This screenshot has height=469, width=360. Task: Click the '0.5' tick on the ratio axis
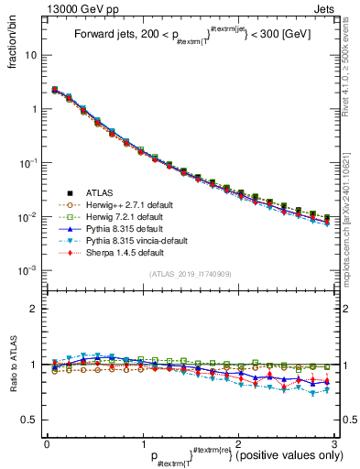(29, 420)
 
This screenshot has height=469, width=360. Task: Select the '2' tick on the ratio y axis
(34, 309)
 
